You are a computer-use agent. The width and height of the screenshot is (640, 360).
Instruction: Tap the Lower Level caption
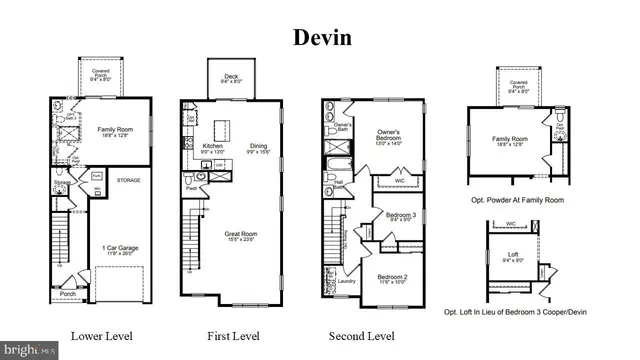coord(101,335)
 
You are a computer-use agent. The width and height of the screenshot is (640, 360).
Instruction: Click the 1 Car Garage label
coord(114,246)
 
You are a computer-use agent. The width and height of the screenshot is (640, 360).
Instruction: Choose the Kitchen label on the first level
coord(212,146)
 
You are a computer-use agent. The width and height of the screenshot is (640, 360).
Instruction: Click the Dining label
coord(259,146)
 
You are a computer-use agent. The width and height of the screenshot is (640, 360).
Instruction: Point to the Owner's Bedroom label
coord(389,135)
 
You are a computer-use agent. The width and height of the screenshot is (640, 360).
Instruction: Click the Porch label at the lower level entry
coord(67,294)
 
